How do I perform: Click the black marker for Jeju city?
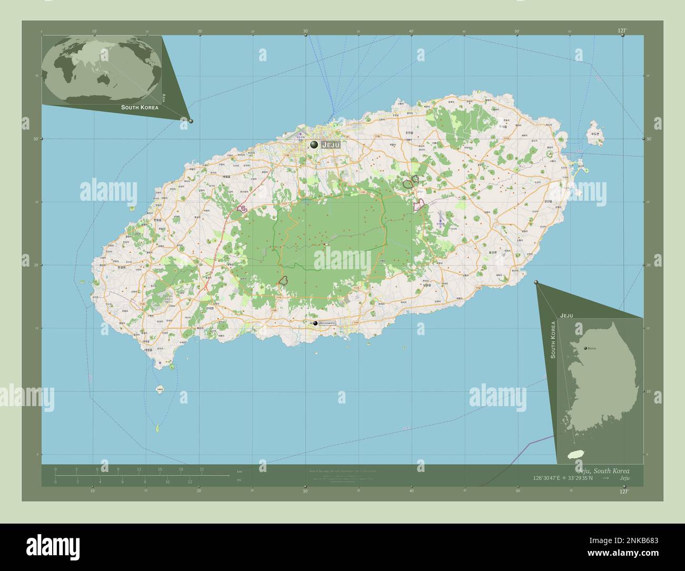(x=314, y=144)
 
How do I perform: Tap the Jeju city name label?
(x=331, y=144)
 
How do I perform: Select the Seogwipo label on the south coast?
(x=327, y=323)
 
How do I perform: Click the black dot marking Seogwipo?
(x=315, y=323)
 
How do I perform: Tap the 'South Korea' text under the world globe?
(x=139, y=107)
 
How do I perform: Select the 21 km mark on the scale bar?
(x=201, y=469)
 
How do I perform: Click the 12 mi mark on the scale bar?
(x=190, y=481)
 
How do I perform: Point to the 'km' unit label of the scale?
(x=239, y=471)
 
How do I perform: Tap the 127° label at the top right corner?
(x=622, y=31)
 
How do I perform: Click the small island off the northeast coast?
(x=596, y=131)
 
